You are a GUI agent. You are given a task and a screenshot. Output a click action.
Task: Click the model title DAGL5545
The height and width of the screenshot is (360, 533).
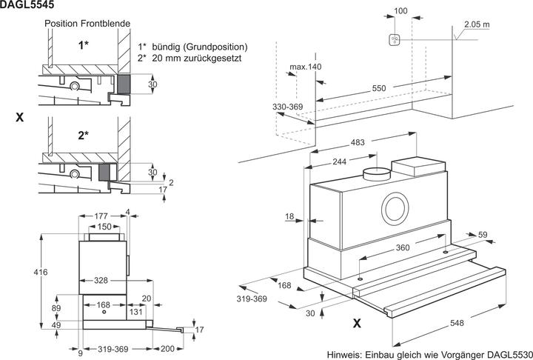click(x=27, y=5)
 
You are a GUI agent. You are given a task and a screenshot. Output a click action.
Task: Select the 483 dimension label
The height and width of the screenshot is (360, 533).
click(x=359, y=142)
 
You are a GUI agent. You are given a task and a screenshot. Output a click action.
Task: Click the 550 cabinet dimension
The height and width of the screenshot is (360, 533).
click(x=379, y=88)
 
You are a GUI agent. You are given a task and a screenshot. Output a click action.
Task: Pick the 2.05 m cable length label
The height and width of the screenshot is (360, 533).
click(x=477, y=24)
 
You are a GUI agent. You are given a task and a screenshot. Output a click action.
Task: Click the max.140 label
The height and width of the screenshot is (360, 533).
click(x=306, y=67)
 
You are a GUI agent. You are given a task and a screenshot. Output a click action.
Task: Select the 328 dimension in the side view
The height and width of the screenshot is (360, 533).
click(x=102, y=280)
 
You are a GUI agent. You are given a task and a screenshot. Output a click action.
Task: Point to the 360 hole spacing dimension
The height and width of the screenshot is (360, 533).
click(x=403, y=248)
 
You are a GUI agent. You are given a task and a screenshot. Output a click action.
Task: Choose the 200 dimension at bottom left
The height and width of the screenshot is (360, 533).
click(x=167, y=348)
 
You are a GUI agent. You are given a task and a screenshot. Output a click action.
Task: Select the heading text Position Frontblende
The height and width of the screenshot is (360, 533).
click(x=87, y=24)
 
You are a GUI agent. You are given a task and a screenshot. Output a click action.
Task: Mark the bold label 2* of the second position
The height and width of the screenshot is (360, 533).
click(x=83, y=136)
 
